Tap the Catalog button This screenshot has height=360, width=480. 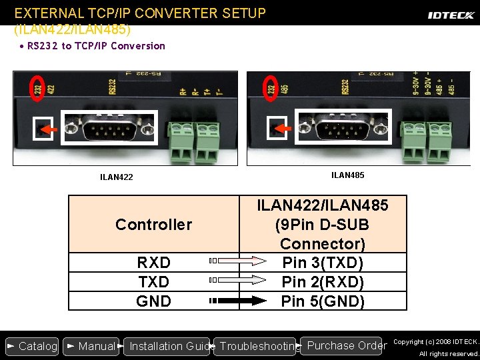coord(31,346)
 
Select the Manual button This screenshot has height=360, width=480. coord(91,346)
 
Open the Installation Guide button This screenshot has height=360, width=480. coord(167,346)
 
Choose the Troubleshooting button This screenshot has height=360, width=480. coord(257,346)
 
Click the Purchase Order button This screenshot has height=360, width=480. coord(344,345)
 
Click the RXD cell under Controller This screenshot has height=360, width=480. coord(153,263)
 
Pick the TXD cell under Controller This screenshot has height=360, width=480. coord(153,282)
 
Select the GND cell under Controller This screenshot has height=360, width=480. coord(153,301)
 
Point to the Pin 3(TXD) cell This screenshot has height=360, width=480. coord(323,263)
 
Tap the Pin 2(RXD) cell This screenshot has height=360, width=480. coord(323,282)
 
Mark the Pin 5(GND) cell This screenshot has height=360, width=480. coord(323,301)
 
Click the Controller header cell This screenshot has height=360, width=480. coord(153,225)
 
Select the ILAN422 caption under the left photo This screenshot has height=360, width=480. coord(117,177)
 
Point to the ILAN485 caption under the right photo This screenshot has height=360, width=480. coord(348,175)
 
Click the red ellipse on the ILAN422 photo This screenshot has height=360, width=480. coord(38,89)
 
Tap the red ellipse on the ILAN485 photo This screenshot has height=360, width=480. coord(271,89)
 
